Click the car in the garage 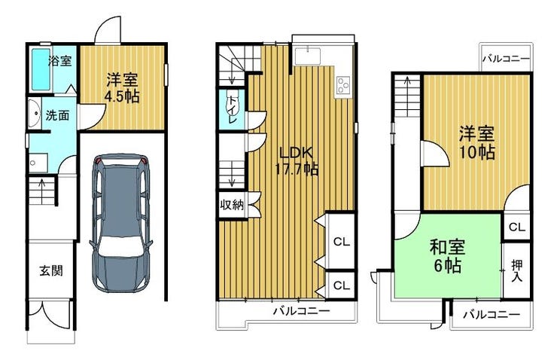click(121, 223)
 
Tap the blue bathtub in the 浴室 click(41, 69)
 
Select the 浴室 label click(60, 61)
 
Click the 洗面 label click(57, 115)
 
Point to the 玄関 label click(51, 271)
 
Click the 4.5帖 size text click(122, 96)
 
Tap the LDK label click(297, 153)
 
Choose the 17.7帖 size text click(297, 169)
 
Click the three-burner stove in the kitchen click(343, 85)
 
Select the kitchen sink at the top click(308, 55)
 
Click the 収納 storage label click(233, 205)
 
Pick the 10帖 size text click(476, 152)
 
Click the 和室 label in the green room click(447, 247)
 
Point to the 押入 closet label click(517, 271)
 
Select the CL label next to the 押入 click(516, 227)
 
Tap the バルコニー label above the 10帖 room click(506, 59)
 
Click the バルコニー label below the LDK click(301, 312)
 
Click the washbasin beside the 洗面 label click(35, 113)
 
